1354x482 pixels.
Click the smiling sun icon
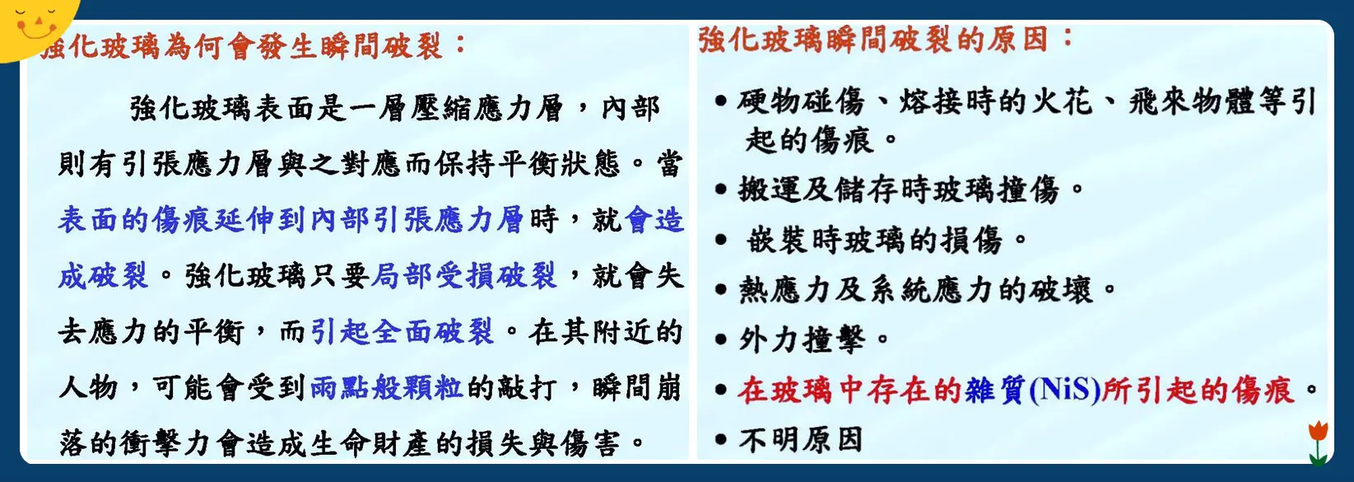point(33,25)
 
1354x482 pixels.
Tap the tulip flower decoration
point(1318,441)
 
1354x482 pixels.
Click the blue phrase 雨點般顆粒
point(386,387)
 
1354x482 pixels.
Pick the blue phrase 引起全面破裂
point(402,331)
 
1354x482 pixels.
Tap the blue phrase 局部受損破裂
point(464,276)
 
